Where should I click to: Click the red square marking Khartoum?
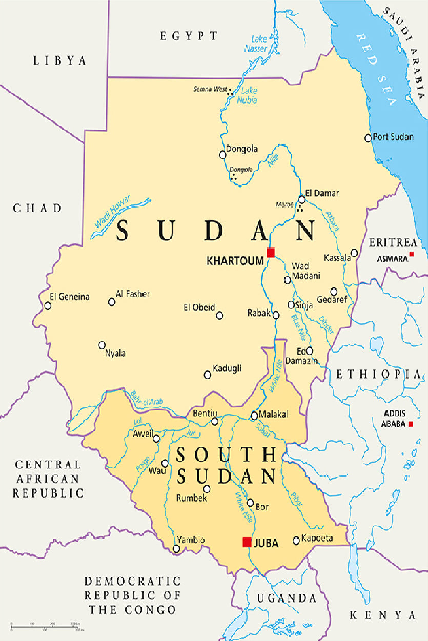(271, 252)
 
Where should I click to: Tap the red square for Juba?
(247, 542)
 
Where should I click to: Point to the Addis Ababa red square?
(411, 424)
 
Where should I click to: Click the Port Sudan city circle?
(368, 138)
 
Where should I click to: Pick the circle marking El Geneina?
(48, 306)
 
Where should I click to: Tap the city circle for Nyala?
(102, 345)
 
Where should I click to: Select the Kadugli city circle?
(208, 375)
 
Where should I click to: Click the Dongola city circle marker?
(222, 154)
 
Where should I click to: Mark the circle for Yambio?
(177, 549)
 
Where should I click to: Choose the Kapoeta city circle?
(296, 540)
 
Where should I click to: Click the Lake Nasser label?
(259, 44)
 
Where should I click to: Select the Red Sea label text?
(377, 69)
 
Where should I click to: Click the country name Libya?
(60, 60)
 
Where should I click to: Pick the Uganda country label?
(287, 598)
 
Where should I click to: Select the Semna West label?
(210, 89)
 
